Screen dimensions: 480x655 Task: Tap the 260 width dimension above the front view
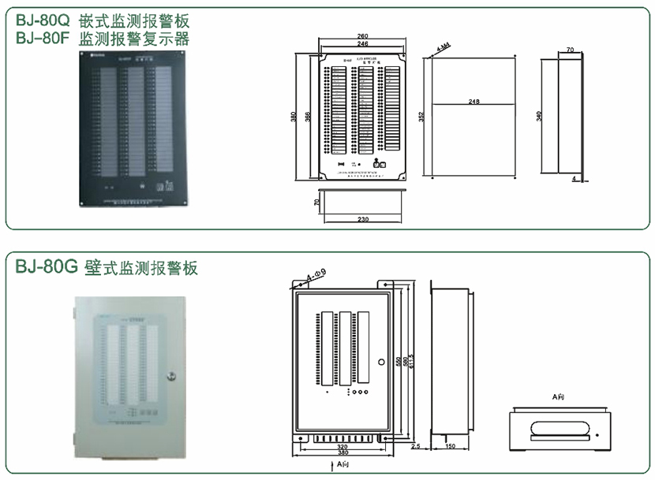pos(363,36)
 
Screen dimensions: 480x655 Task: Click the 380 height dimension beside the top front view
pos(293,117)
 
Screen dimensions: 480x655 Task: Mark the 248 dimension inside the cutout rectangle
pos(473,102)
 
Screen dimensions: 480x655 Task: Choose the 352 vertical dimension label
pos(421,116)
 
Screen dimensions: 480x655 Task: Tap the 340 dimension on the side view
pos(539,116)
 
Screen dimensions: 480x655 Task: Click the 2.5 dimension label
pos(416,447)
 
